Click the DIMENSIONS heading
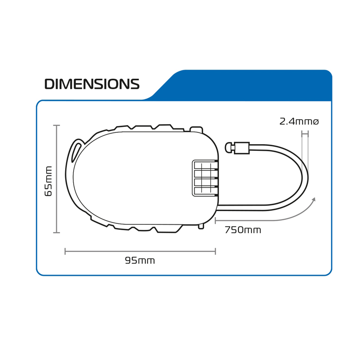tap(92, 84)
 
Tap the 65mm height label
tap(48, 181)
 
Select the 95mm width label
tap(140, 261)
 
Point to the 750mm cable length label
tap(243, 230)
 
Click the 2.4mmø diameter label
tap(299, 121)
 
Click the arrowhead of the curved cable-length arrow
tap(314, 200)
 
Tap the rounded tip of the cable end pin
tap(229, 147)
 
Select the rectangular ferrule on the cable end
tap(242, 148)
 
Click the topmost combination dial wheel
tap(206, 165)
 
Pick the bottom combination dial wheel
tap(206, 191)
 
